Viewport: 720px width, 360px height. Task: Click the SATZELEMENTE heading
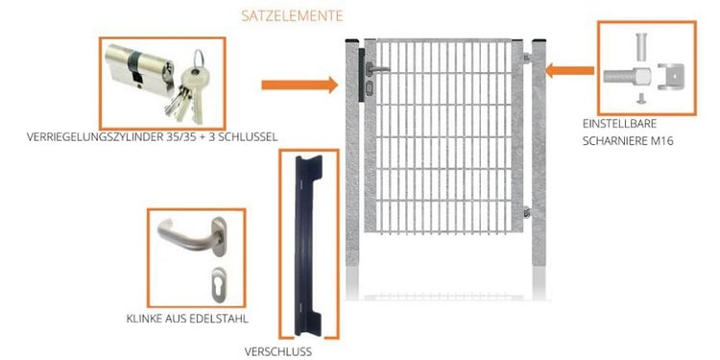point(292,16)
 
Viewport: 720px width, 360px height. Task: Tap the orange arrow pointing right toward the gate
point(300,84)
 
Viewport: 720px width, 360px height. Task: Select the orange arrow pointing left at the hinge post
point(569,71)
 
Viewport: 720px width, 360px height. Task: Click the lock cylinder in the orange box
point(139,70)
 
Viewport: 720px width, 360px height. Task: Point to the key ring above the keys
point(198,60)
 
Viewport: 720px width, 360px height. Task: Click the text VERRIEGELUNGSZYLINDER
point(95,137)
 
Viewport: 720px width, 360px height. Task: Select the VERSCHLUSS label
point(277,352)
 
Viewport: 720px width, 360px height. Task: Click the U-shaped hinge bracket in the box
point(670,77)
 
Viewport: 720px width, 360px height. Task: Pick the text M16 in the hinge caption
point(661,141)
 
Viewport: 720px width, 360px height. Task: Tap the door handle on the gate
point(377,69)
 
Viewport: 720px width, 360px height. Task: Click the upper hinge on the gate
point(527,58)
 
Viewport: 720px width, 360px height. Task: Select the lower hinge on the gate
point(527,212)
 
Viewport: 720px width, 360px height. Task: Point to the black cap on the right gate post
point(539,40)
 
